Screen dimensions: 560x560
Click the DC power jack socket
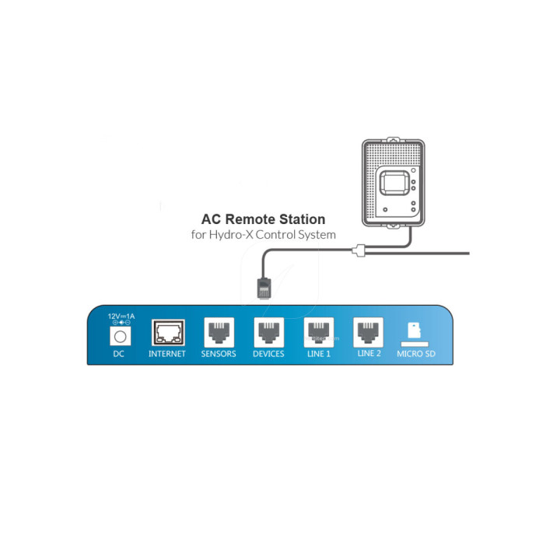tap(120, 337)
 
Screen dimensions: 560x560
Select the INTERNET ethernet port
tap(168, 333)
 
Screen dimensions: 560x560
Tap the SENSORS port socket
tap(219, 332)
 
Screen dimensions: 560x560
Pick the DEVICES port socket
tap(269, 332)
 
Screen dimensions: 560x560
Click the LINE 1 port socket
tap(319, 332)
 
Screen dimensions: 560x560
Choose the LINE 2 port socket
tap(368, 332)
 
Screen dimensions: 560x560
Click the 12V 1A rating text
tap(121, 316)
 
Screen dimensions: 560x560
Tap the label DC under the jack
tap(118, 354)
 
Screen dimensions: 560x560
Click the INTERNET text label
tap(167, 354)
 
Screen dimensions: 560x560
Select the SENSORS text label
tap(219, 354)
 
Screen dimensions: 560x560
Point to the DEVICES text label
tap(268, 354)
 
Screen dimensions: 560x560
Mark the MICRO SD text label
tap(416, 354)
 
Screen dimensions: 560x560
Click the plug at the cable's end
tap(264, 287)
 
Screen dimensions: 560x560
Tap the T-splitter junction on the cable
tap(359, 250)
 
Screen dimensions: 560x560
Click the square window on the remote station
tap(394, 183)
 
